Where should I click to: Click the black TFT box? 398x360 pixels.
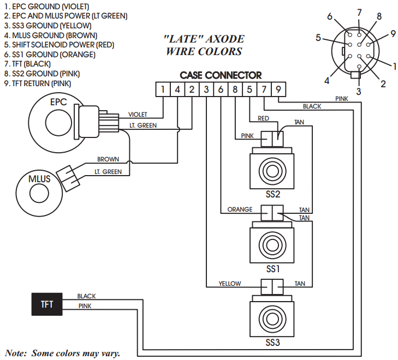[47, 304]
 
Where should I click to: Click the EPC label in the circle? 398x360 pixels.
[58, 102]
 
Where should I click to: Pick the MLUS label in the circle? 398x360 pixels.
[35, 179]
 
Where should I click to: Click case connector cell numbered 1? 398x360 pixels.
[163, 89]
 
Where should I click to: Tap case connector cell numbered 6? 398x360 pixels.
[221, 89]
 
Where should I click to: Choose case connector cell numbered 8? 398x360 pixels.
[235, 89]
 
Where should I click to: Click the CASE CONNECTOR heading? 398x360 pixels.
[221, 75]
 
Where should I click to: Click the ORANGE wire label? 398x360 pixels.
[240, 209]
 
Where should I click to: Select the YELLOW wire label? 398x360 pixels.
[230, 284]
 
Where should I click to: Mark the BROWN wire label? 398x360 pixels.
[108, 159]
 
